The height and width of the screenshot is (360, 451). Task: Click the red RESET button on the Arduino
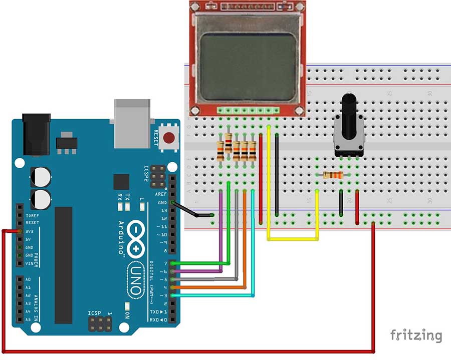170,137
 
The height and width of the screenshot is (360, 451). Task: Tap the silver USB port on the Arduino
132,123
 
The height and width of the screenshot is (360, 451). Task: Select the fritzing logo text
416,334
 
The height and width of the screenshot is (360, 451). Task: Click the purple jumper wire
221,235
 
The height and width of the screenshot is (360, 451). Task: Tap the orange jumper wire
245,240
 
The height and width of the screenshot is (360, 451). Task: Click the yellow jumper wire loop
293,239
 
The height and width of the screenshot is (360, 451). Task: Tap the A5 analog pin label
28,319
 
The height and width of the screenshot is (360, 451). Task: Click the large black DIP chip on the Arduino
64,265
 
